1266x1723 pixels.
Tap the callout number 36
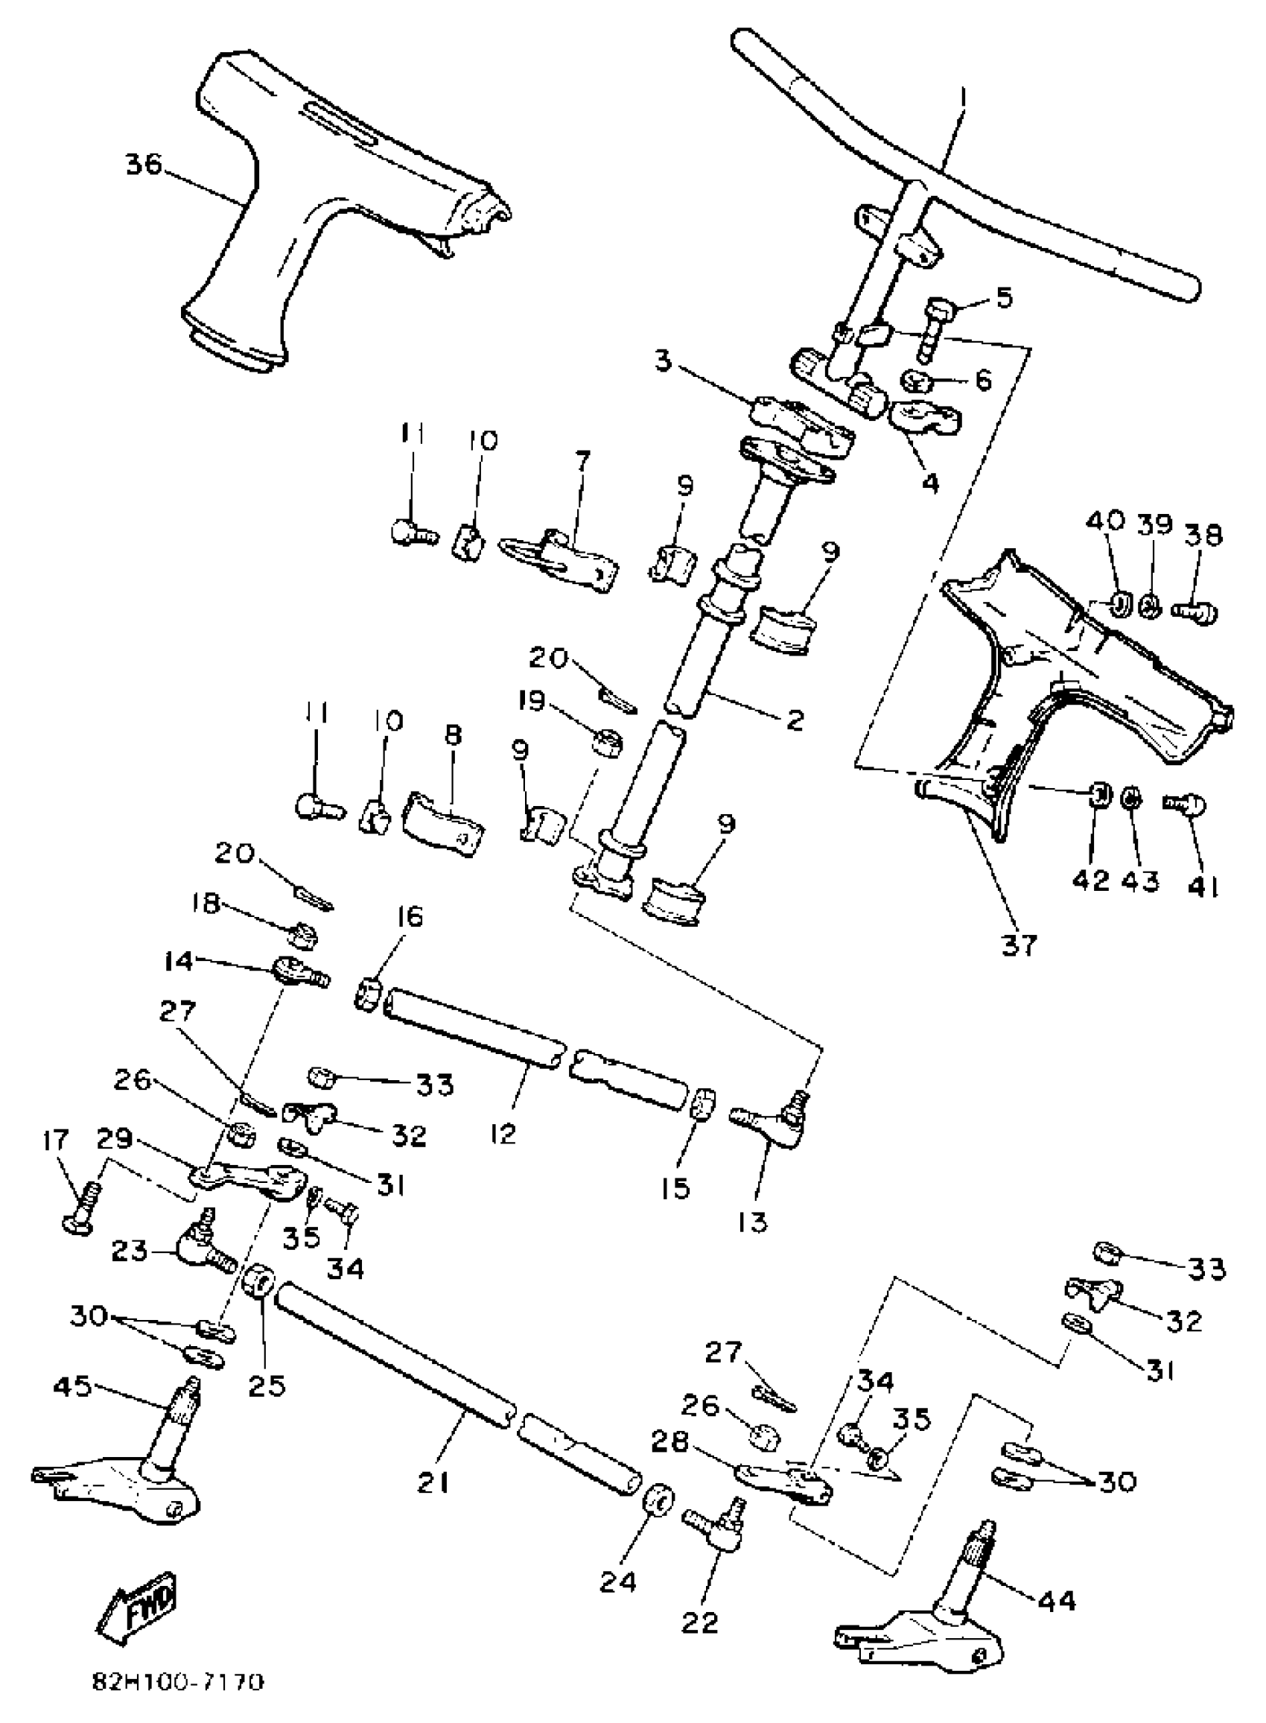click(x=144, y=164)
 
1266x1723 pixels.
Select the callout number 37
click(x=1018, y=945)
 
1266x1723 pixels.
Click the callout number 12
click(x=504, y=1132)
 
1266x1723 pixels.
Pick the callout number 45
click(x=72, y=1386)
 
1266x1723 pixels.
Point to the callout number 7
click(x=584, y=461)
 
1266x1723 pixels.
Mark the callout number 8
click(x=452, y=735)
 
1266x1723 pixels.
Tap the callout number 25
click(x=267, y=1385)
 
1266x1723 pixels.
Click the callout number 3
click(x=664, y=361)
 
